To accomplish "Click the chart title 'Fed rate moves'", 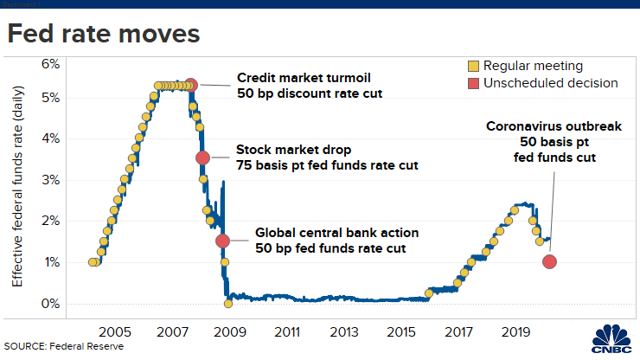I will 104,34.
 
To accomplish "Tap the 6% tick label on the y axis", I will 48,64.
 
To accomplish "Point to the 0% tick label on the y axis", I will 48,304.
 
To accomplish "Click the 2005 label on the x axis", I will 116,331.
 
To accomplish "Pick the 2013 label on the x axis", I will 344,331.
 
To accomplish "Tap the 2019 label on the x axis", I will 515,331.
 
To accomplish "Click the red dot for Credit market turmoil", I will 191,85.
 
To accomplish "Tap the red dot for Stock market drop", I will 203,157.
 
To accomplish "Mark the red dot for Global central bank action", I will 222,241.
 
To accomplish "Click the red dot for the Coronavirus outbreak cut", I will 549,261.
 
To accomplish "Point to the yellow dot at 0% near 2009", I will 228,303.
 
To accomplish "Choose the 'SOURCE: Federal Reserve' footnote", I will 64,346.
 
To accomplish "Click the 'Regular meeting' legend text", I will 532,66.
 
